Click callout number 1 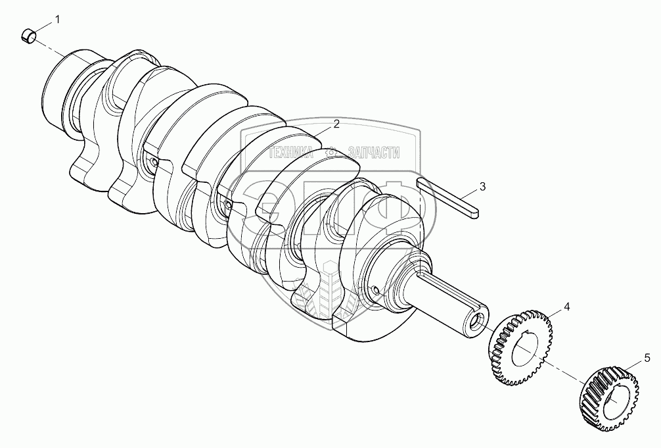[x=57, y=20]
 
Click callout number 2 [x=336, y=124]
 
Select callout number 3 [x=483, y=186]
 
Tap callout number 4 [x=567, y=307]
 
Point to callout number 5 [x=647, y=359]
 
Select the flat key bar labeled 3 [x=447, y=199]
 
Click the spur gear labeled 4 [x=521, y=347]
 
